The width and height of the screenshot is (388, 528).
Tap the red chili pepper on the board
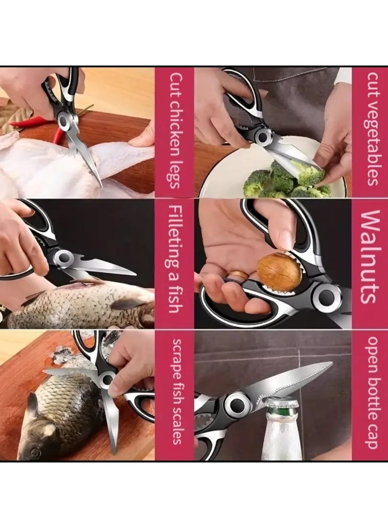(34, 121)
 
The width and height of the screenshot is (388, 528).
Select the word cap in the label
(371, 437)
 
